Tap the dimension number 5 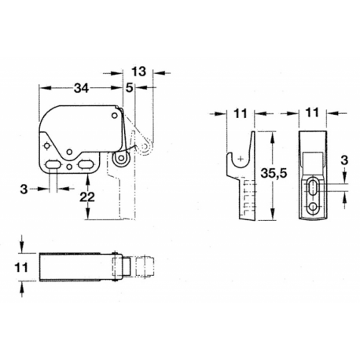click(x=128, y=88)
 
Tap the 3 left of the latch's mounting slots click(x=25, y=189)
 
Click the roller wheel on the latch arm click(x=123, y=160)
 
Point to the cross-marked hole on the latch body click(x=50, y=145)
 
